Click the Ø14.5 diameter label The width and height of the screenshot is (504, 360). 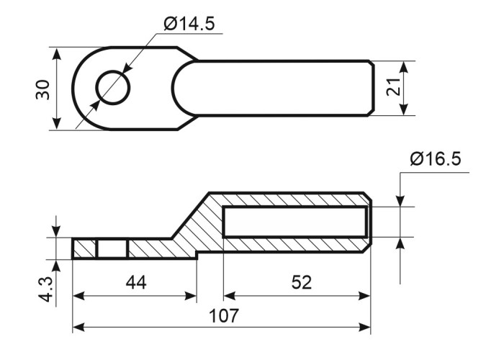189,24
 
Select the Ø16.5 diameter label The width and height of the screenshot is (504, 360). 436,159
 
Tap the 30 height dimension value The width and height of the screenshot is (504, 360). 43,90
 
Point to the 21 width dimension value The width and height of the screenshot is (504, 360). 393,87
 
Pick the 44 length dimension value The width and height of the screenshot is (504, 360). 136,282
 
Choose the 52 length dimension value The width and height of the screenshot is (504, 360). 302,282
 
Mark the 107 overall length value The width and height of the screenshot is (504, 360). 224,315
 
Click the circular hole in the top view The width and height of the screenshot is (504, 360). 113,87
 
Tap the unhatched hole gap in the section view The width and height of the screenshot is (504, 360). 112,249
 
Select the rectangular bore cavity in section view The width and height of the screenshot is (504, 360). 295,222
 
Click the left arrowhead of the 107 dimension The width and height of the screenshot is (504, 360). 78,328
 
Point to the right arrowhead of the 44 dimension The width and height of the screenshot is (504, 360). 190,296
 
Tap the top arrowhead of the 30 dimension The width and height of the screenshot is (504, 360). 57,53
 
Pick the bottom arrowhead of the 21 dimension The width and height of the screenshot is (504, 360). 405,109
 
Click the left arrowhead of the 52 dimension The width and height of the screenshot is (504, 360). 230,296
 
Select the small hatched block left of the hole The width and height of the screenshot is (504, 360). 84,249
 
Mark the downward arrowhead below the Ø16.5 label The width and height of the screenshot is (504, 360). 400,201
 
